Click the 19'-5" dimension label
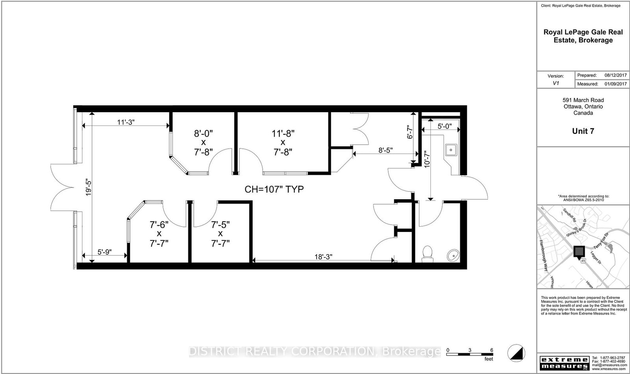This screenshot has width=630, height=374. (89, 188)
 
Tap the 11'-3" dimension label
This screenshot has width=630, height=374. (126, 122)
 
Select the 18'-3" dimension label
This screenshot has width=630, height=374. (323, 256)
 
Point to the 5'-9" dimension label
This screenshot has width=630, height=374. (104, 252)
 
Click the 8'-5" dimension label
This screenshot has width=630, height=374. (385, 150)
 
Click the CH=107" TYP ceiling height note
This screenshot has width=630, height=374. (274, 189)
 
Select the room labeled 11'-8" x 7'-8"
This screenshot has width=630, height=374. (283, 143)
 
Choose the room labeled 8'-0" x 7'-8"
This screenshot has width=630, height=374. (203, 143)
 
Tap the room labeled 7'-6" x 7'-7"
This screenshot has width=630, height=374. (159, 234)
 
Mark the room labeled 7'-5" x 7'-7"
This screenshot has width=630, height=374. (220, 234)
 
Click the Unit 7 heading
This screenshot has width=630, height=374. (583, 131)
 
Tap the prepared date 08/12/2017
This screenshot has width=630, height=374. (615, 75)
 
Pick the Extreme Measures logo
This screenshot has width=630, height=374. (563, 363)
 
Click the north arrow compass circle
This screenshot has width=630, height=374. (516, 352)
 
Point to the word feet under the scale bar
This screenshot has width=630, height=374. (488, 359)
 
